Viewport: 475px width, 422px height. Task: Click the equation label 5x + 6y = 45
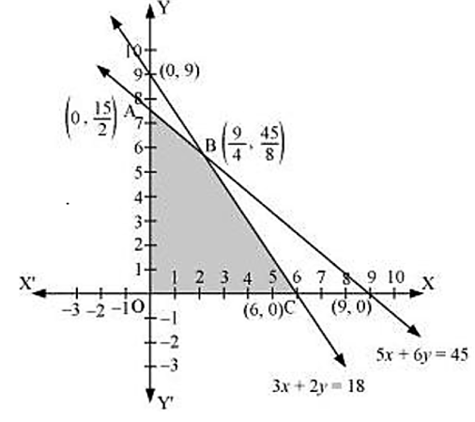422,355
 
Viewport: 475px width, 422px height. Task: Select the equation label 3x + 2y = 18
318,386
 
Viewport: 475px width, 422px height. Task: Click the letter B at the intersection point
210,146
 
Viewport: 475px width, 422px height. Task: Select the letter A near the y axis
130,111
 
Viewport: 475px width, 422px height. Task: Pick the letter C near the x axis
289,309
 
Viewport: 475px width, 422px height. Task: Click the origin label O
137,307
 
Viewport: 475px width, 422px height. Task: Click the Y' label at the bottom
165,403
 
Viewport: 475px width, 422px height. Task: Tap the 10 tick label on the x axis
396,277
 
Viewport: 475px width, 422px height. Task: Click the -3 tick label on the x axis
70,310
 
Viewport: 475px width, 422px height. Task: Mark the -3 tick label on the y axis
169,366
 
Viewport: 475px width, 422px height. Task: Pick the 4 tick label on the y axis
139,197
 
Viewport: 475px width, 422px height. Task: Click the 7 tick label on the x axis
321,277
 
